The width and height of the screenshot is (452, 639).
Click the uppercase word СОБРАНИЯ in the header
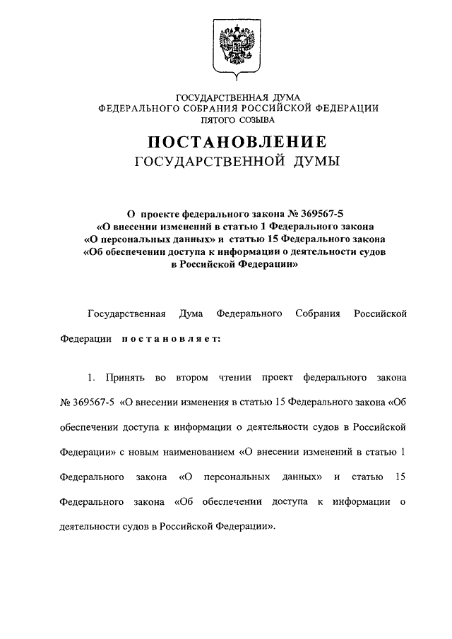coord(211,107)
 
